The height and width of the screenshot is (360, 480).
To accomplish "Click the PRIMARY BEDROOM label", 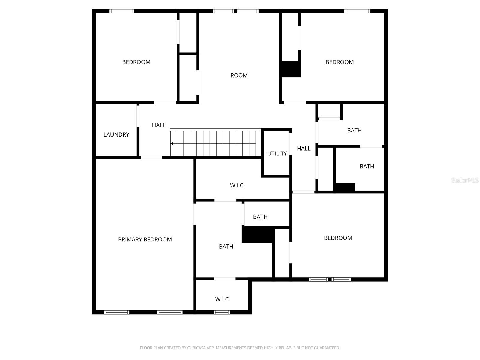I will (x=145, y=239).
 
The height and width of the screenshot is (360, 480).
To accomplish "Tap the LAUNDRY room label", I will (x=116, y=135).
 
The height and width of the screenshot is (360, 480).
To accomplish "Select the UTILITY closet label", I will (x=277, y=154).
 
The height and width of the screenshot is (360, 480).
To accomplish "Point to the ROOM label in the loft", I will (x=239, y=76).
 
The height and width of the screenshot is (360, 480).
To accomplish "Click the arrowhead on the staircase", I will (x=172, y=144).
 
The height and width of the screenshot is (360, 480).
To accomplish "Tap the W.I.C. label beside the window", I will (x=223, y=299).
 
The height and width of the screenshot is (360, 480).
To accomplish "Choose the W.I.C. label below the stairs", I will (x=237, y=185).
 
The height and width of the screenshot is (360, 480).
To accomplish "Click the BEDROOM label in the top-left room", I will (x=136, y=62).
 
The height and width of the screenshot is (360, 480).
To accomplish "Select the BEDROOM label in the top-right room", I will (x=340, y=62).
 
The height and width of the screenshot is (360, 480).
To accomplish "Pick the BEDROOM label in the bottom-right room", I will (x=338, y=238).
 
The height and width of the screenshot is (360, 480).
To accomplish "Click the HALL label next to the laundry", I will (x=159, y=125).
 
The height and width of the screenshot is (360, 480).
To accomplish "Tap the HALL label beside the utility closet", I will (x=304, y=148).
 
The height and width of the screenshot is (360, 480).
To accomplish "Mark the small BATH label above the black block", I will (x=260, y=217).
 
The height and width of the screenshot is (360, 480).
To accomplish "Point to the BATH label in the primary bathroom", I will (x=226, y=247).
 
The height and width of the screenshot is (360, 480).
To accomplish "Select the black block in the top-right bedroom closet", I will (x=291, y=69).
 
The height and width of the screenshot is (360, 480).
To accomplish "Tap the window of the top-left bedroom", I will (x=121, y=11).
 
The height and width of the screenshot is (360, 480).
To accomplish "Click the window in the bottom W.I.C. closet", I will (x=222, y=313).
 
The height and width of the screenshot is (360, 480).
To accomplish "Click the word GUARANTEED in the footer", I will (x=327, y=348).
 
